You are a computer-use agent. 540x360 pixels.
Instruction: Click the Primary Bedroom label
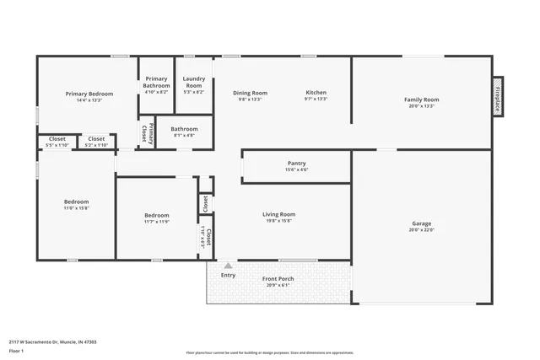(x=89, y=94)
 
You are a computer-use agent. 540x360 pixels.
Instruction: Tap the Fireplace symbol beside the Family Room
(x=498, y=99)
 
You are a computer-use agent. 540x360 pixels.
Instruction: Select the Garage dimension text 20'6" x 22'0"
(x=421, y=229)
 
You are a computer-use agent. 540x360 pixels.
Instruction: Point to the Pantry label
(x=296, y=164)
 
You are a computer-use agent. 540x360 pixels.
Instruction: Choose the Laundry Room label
(x=194, y=82)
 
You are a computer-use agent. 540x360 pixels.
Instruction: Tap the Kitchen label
(x=316, y=93)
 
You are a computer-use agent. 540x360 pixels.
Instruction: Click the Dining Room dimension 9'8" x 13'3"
(x=250, y=99)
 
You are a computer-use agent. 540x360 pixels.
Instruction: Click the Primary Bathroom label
(x=156, y=82)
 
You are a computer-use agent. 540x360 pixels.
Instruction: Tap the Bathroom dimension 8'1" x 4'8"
(x=184, y=135)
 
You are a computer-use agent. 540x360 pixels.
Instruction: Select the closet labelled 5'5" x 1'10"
(x=57, y=145)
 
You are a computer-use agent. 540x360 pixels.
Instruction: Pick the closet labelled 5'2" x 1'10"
(x=96, y=145)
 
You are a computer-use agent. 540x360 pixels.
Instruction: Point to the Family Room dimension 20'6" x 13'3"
(x=421, y=106)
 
